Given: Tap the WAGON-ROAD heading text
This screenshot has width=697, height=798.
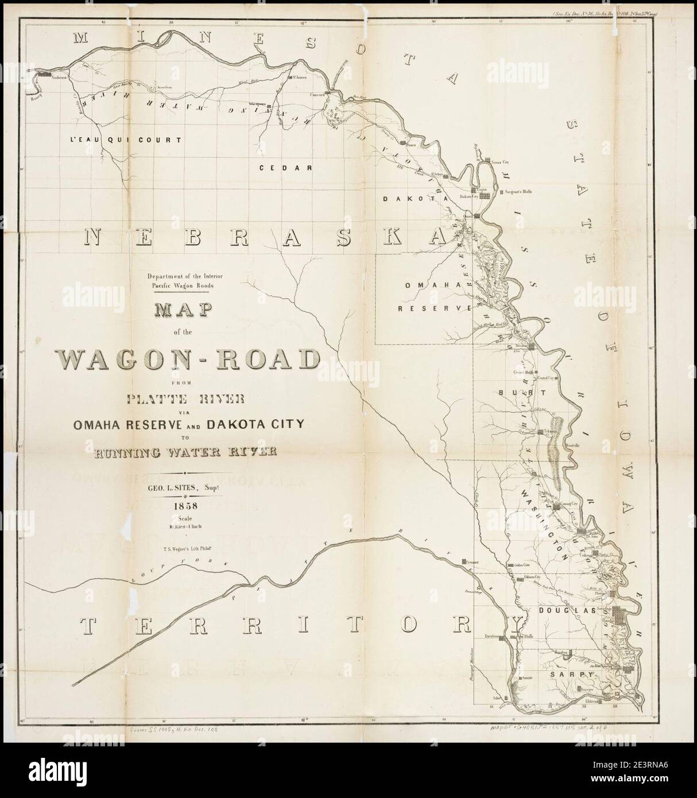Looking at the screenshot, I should coord(189,360).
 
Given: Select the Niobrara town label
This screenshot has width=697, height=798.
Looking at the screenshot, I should coord(59,76).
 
